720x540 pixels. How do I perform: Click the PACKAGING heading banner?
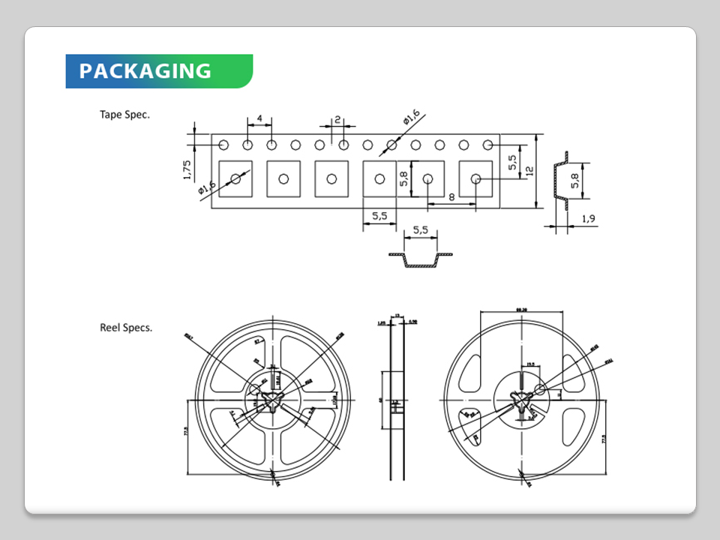159,71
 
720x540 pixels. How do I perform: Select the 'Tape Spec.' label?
124,115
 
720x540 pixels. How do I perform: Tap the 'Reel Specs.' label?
126,327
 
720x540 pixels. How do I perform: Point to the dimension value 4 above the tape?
259,118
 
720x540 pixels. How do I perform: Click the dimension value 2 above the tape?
337,119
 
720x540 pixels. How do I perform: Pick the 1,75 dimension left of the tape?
187,169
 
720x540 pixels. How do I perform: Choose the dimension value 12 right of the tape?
529,171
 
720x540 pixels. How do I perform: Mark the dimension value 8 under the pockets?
452,196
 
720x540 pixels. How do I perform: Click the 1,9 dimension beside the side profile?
588,219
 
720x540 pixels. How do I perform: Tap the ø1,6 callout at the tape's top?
411,118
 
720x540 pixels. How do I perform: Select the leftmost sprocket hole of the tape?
223,145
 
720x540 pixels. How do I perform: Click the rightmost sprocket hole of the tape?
488,145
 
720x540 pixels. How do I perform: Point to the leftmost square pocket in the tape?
235,178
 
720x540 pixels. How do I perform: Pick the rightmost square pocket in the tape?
475,178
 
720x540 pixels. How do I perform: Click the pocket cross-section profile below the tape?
420,259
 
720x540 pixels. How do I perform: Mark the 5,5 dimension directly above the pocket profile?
420,231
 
